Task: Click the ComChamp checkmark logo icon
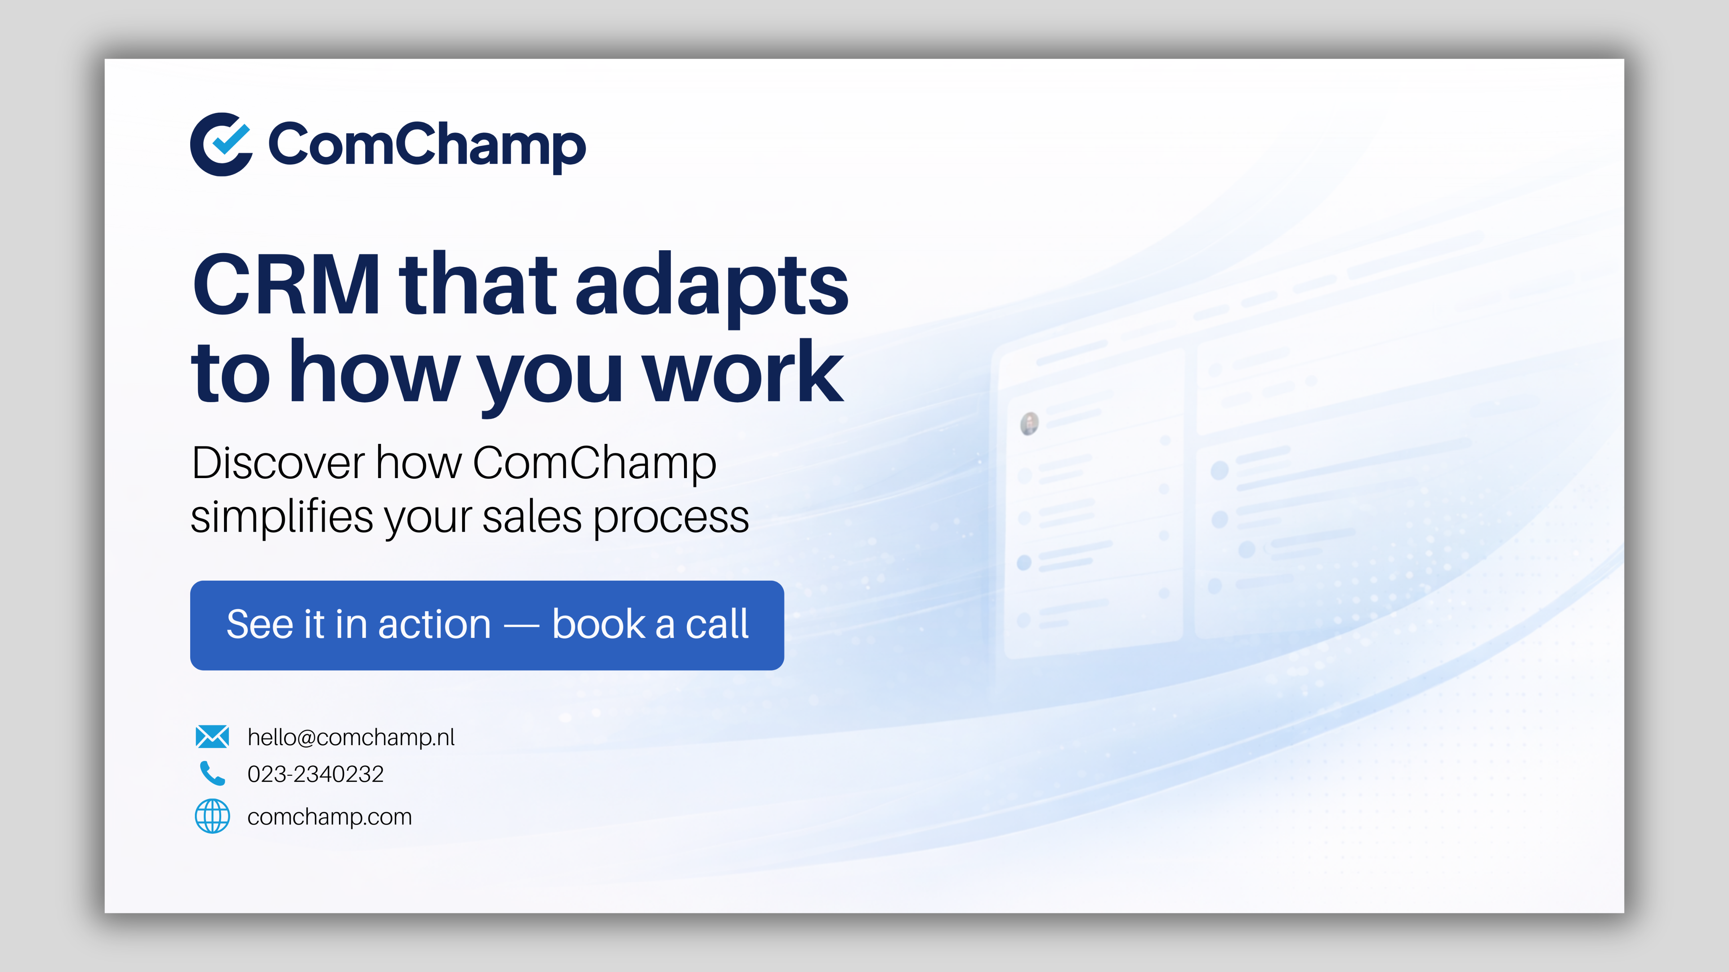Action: pos(221,144)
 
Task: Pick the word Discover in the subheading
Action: pos(278,463)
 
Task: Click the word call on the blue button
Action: pos(717,624)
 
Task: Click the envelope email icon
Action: pos(212,737)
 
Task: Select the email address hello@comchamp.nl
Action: pos(351,737)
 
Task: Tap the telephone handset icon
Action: pos(212,773)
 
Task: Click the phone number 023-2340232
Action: pos(316,774)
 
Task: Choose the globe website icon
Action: pos(212,816)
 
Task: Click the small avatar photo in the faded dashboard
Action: pos(1029,423)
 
